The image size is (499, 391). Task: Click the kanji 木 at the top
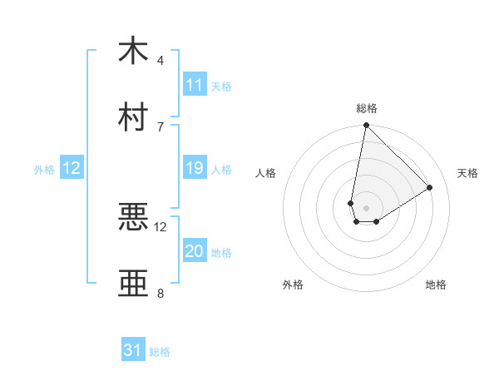coord(133,51)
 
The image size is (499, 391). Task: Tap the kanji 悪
coord(133,217)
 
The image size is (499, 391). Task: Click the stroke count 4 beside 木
coord(161,60)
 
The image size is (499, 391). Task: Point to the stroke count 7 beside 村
coord(161,126)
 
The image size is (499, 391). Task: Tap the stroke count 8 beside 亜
coord(161,293)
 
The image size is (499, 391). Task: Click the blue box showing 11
coord(195,85)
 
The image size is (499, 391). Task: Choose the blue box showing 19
coord(195,168)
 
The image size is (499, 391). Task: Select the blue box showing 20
coord(195,251)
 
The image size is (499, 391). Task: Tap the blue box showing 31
coord(133,350)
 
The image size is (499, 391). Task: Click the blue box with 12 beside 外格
coord(72,168)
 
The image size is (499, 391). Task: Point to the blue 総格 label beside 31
coord(160,352)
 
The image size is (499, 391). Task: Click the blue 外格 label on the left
coord(44,169)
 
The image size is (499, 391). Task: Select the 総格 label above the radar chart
coord(366,108)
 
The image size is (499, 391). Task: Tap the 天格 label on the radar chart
coord(467,173)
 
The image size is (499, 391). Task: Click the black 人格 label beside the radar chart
coord(266,173)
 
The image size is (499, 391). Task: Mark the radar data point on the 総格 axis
coord(366,126)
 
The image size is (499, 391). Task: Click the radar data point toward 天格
coord(430,188)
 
